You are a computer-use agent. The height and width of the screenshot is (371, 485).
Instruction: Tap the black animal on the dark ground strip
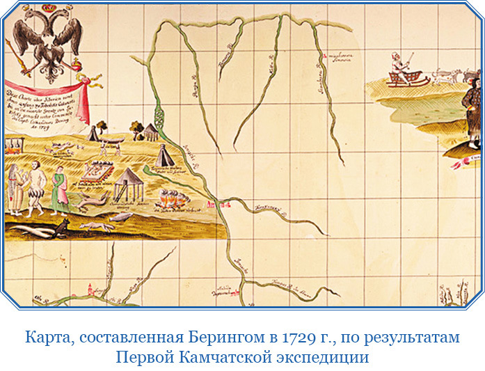click(x=62, y=226)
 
